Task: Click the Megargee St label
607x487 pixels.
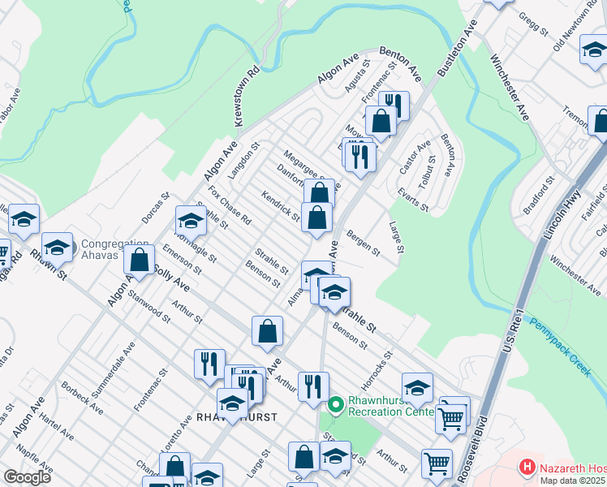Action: coord(304,166)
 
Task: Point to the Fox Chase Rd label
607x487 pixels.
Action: coord(230,206)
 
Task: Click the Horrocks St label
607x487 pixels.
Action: coord(378,366)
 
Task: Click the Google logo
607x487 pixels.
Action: coord(27,477)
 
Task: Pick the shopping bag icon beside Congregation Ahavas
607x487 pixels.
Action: coord(140,259)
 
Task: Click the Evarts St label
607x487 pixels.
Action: coord(414,197)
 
